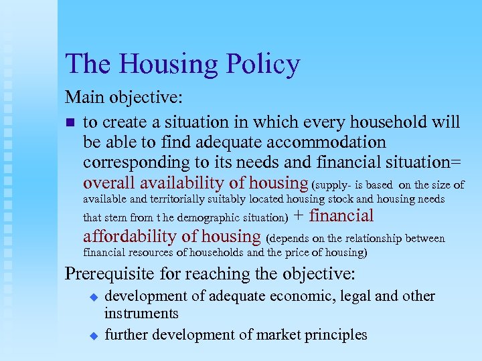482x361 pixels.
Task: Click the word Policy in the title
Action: click(262, 65)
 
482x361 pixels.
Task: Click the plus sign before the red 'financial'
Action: click(299, 216)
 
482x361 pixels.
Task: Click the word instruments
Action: click(141, 314)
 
